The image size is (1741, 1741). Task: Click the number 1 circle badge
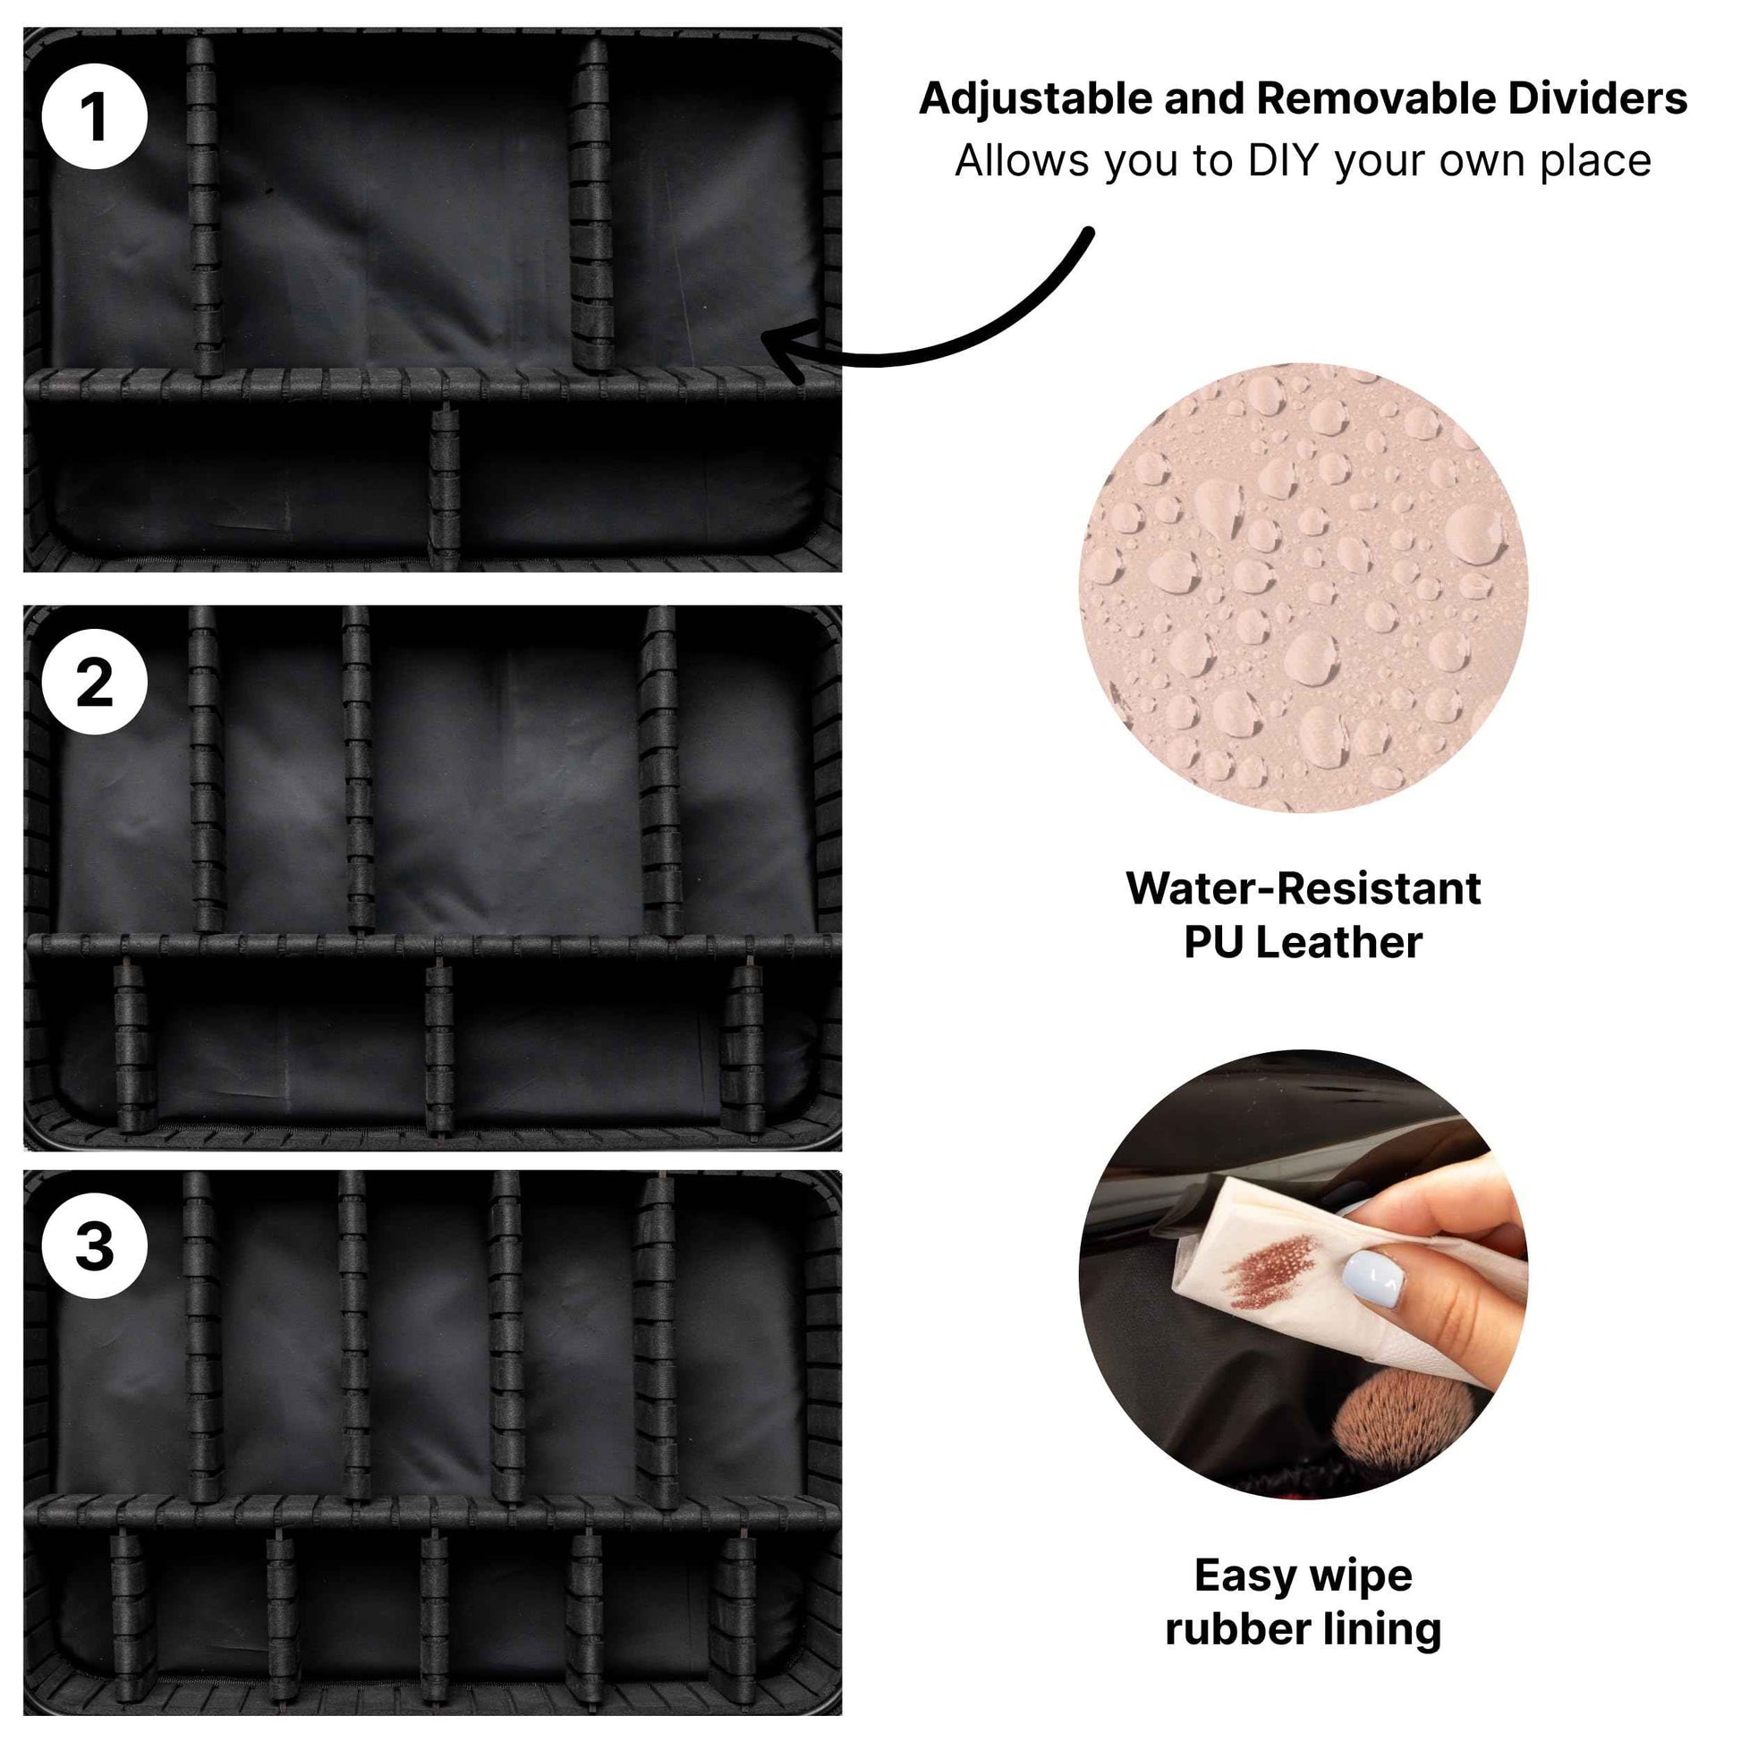click(x=95, y=116)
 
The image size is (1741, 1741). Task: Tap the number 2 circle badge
click(x=95, y=682)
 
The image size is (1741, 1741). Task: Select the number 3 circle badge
click(x=95, y=1246)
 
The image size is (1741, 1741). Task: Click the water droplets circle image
click(x=1303, y=588)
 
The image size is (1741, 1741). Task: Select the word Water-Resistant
click(x=1303, y=888)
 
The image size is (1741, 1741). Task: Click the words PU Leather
click(x=1303, y=944)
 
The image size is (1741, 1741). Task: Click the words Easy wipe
click(x=1303, y=1576)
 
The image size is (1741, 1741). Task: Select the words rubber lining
click(x=1303, y=1630)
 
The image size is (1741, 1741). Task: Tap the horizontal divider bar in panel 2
click(x=432, y=947)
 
